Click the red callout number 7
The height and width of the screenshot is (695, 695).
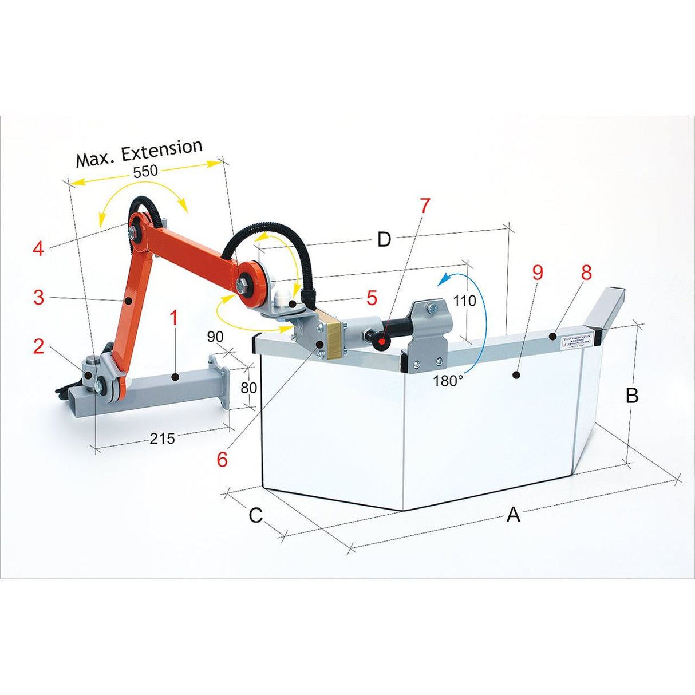point(424,206)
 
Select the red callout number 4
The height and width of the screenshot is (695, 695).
point(38,249)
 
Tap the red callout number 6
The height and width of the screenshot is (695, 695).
point(222,459)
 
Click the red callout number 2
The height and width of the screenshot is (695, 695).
point(38,346)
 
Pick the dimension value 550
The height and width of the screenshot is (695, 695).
point(145,171)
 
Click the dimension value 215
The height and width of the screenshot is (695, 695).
point(163,439)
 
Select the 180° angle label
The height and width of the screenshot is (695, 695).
point(448,381)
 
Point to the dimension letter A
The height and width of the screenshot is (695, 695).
point(514,515)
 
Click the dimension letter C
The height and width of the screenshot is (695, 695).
point(255,515)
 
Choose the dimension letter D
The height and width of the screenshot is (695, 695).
point(384,240)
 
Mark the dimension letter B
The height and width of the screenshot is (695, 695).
point(631,396)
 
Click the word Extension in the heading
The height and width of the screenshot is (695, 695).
point(163,150)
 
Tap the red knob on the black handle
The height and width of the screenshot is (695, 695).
point(381,342)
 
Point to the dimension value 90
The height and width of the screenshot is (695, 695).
point(215,337)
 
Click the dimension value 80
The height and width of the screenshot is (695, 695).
point(248,388)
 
